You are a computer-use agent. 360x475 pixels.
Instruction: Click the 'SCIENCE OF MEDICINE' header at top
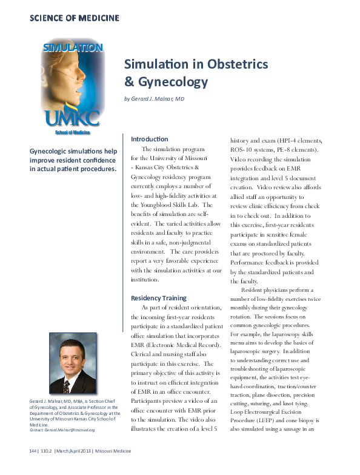(74, 18)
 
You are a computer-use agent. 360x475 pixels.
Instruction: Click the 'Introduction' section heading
(149, 139)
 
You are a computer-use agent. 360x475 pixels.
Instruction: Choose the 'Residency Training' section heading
(158, 298)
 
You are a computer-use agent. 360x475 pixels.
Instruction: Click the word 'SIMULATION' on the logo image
(72, 47)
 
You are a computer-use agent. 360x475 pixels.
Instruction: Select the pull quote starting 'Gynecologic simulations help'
(72, 160)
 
